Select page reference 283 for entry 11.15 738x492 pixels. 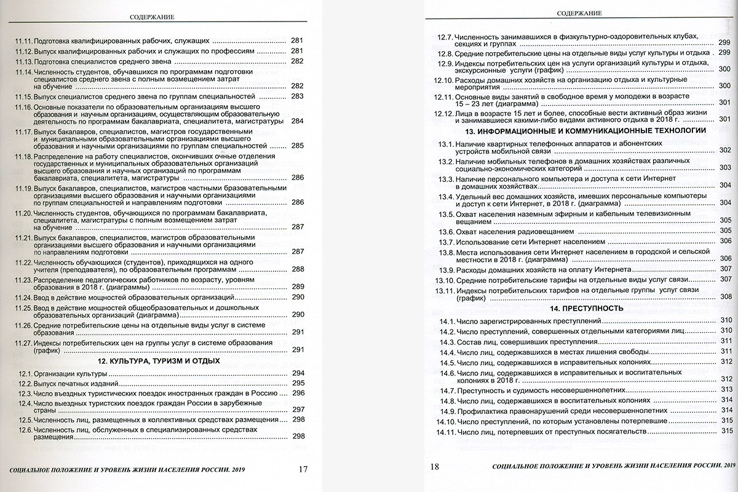coord(298,97)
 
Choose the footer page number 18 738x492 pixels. coord(435,467)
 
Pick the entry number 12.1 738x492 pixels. coord(25,373)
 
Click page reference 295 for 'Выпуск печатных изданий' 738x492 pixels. coord(298,383)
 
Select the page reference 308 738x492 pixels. coord(726,296)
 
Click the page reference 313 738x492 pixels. coord(726,389)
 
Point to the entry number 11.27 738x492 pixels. coord(23,342)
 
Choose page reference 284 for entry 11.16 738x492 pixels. coord(298,121)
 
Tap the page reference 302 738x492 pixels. coord(724,150)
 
